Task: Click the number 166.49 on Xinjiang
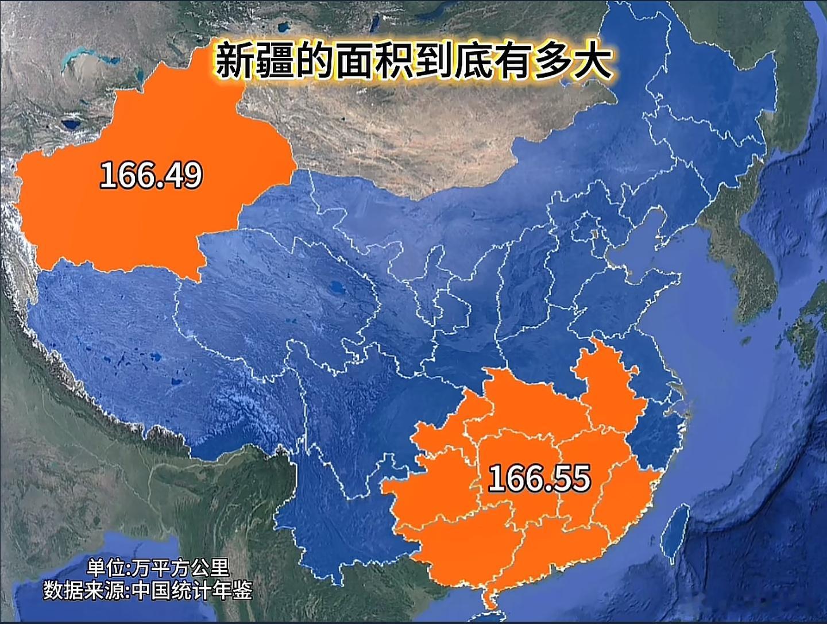(151, 175)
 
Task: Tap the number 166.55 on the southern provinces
(539, 478)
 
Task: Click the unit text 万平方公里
(180, 568)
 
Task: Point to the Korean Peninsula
(741, 259)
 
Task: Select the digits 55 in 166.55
(571, 478)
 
